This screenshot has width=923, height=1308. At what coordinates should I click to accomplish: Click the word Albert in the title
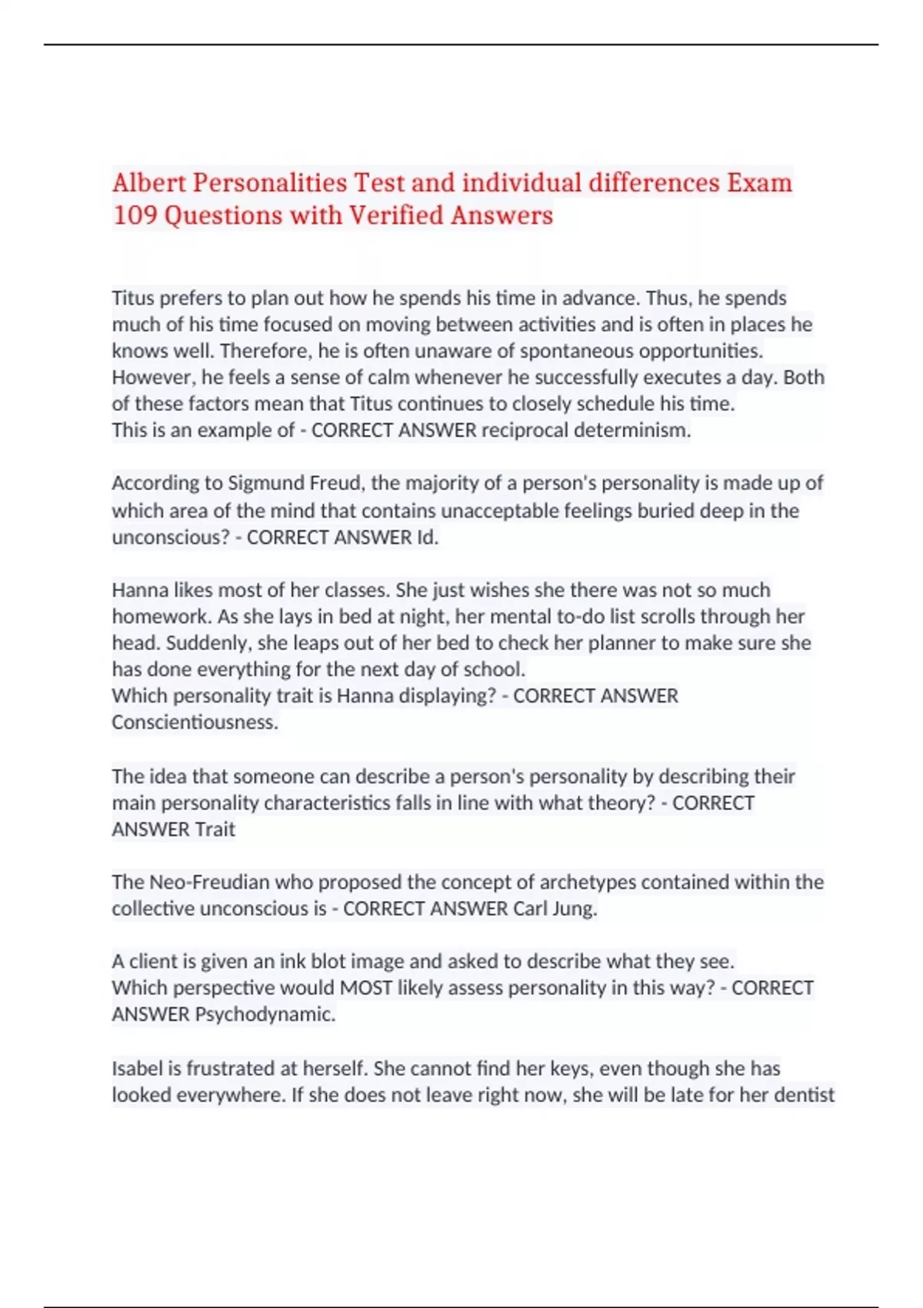tap(149, 183)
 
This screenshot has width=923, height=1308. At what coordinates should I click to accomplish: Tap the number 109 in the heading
tap(135, 215)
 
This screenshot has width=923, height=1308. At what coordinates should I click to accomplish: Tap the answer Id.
tap(428, 537)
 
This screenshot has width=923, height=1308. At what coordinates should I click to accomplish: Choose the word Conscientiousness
tap(195, 722)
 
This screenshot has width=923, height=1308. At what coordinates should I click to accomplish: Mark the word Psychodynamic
tap(265, 1014)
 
